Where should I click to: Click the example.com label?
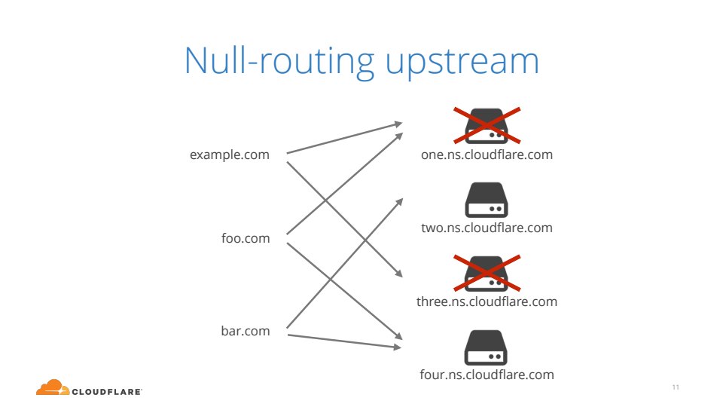pos(230,155)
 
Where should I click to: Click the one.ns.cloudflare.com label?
pos(487,155)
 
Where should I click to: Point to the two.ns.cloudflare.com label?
pos(487,228)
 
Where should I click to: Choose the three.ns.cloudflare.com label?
pos(487,301)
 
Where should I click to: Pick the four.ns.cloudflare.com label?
pos(487,374)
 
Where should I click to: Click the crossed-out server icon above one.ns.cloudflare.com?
pos(487,126)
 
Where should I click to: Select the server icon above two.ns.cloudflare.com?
pos(487,199)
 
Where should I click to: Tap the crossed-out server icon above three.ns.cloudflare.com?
pos(487,273)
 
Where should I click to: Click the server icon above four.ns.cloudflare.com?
pos(487,347)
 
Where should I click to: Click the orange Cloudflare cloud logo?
pos(52,387)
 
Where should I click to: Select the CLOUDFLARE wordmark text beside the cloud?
pos(107,391)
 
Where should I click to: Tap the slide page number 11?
pos(676,387)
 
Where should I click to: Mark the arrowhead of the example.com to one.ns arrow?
pos(399,124)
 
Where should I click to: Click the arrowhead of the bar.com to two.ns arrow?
pos(399,201)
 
